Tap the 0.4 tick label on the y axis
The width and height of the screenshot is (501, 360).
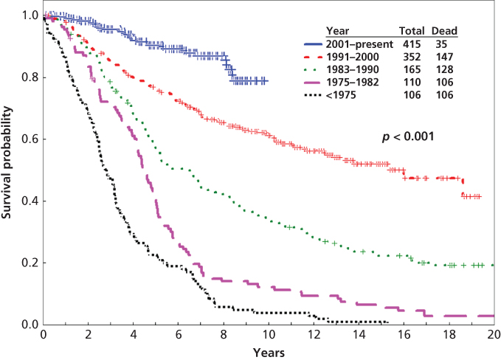(30, 201)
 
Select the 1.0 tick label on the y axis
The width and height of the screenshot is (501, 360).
(30, 15)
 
